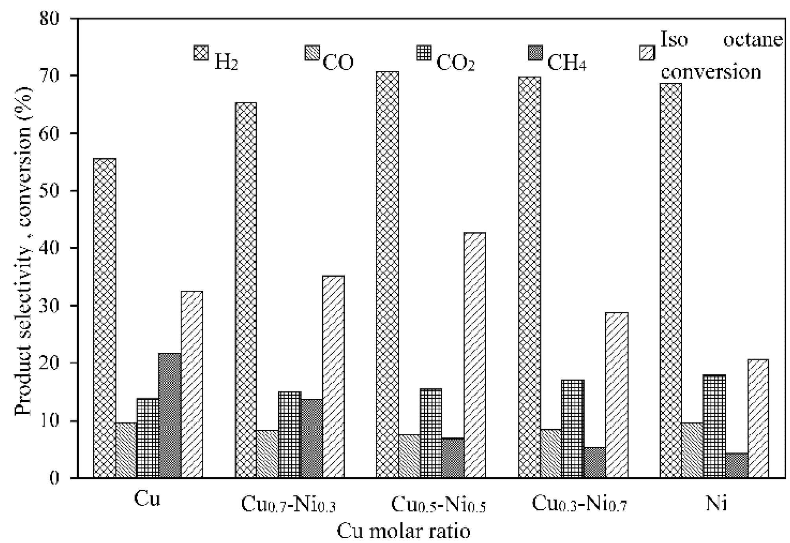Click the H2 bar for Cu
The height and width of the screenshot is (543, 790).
click(x=105, y=318)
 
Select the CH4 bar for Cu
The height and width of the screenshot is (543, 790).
click(x=170, y=415)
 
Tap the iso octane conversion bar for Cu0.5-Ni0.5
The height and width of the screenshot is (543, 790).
click(x=474, y=355)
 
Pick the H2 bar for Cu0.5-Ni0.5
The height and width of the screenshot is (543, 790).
click(x=388, y=275)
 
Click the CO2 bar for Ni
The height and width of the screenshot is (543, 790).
click(x=714, y=426)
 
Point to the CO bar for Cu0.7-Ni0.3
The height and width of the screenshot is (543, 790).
click(x=267, y=454)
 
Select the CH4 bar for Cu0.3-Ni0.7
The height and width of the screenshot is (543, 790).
click(x=594, y=462)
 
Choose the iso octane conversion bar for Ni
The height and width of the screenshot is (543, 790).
click(x=758, y=419)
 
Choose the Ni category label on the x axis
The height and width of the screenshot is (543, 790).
click(x=716, y=503)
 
